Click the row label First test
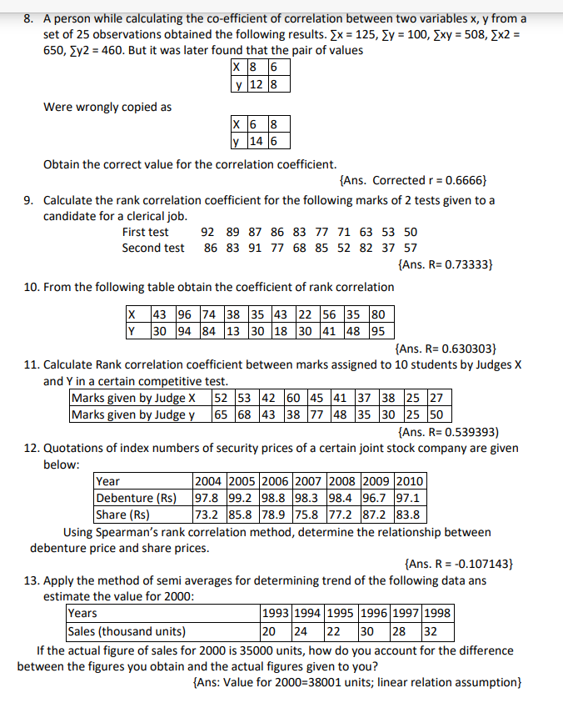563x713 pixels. [145, 232]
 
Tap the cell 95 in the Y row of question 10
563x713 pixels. [376, 329]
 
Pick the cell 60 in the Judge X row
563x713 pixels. [293, 398]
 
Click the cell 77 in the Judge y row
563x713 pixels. [317, 414]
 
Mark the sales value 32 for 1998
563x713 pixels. [431, 630]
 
